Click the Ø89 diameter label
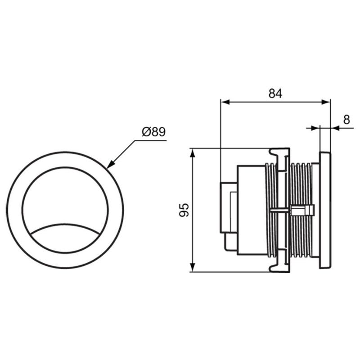click(x=153, y=132)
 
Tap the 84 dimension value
click(x=275, y=94)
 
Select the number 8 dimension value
click(x=346, y=120)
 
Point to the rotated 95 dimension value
click(x=184, y=210)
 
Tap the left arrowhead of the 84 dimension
click(x=225, y=102)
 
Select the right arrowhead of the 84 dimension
click(x=326, y=102)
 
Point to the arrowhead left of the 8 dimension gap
click(x=315, y=128)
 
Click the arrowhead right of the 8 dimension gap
click(x=335, y=128)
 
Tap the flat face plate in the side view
click(x=325, y=210)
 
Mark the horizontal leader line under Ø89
click(x=150, y=140)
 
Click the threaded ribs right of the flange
click(x=301, y=210)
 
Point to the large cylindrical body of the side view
click(x=251, y=210)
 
